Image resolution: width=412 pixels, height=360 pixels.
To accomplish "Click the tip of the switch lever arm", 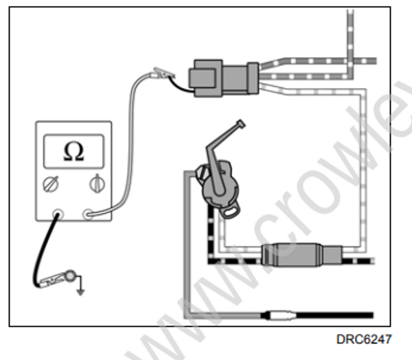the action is [x=240, y=125].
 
